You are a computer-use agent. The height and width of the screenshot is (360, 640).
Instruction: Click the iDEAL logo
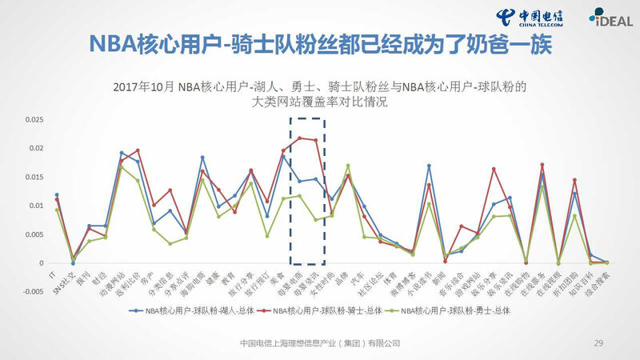[x=605, y=17]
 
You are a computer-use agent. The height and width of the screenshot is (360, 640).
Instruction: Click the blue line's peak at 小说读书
[x=429, y=166]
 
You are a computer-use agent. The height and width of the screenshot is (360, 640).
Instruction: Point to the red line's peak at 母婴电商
[x=299, y=138]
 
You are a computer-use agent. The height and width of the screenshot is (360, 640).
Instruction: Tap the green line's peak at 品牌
[x=347, y=166]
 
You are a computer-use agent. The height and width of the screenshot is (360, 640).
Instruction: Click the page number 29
[x=598, y=342]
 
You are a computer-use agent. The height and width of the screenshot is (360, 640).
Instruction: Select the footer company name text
[x=320, y=342]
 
